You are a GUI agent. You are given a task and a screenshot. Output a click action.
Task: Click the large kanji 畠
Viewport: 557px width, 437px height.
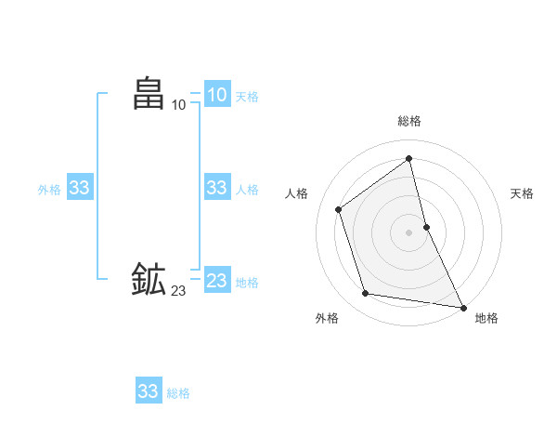149,94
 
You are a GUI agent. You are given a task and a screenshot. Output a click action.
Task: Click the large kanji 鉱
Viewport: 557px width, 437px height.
149,280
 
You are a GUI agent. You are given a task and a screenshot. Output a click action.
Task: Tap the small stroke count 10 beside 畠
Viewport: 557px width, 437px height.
179,105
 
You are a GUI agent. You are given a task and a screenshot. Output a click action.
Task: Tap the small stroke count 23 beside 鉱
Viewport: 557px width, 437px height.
179,291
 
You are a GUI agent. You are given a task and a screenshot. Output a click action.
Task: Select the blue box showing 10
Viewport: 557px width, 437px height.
217,95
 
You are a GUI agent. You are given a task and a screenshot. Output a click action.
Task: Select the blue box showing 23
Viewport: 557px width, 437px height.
217,281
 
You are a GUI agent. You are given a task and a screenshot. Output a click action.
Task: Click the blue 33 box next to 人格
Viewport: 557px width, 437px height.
217,188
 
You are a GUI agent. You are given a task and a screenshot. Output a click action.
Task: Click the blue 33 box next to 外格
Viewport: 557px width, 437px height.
80,188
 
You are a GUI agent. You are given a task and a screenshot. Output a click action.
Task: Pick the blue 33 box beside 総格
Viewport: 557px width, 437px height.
149,391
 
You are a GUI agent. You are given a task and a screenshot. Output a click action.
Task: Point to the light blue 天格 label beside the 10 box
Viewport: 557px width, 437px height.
247,96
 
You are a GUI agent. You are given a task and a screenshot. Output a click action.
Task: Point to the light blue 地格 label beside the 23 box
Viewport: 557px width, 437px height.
247,282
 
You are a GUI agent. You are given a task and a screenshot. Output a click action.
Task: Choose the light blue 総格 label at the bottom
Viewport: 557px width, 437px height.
178,392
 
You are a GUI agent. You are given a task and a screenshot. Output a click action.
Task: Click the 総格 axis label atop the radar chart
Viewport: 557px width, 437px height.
408,121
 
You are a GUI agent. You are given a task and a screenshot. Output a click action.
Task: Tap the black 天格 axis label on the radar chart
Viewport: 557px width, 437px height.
522,193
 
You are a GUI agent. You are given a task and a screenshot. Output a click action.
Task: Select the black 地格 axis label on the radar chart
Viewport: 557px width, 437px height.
486,318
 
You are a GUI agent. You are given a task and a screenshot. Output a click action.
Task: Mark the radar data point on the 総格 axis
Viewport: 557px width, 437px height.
408,158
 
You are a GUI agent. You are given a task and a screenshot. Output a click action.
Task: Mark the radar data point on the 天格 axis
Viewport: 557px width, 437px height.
426,226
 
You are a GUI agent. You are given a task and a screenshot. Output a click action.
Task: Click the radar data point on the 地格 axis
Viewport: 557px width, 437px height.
463,307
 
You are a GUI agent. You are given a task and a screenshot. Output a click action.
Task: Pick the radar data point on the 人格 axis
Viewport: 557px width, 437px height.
339,209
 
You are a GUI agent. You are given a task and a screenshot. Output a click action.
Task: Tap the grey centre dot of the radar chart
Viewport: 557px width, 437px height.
408,232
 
